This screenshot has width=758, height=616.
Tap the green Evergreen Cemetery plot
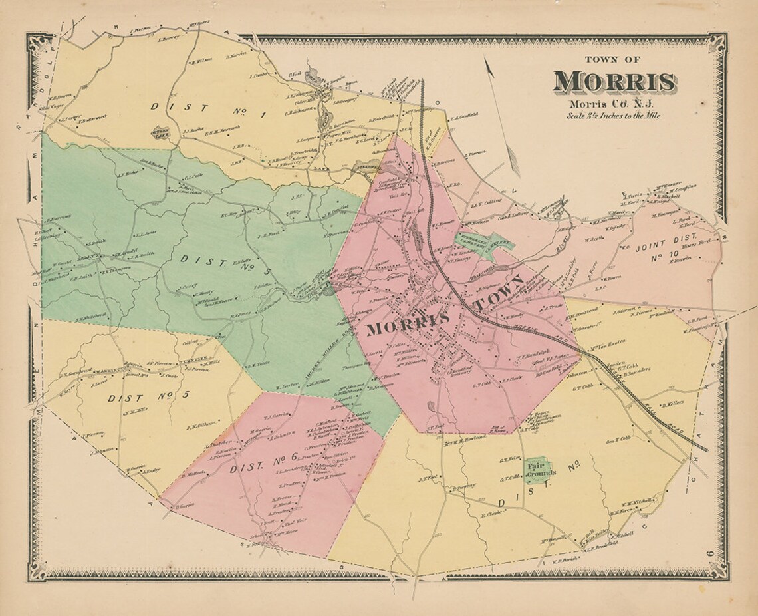click(483, 242)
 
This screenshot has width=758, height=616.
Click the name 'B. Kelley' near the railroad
click(672, 404)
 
